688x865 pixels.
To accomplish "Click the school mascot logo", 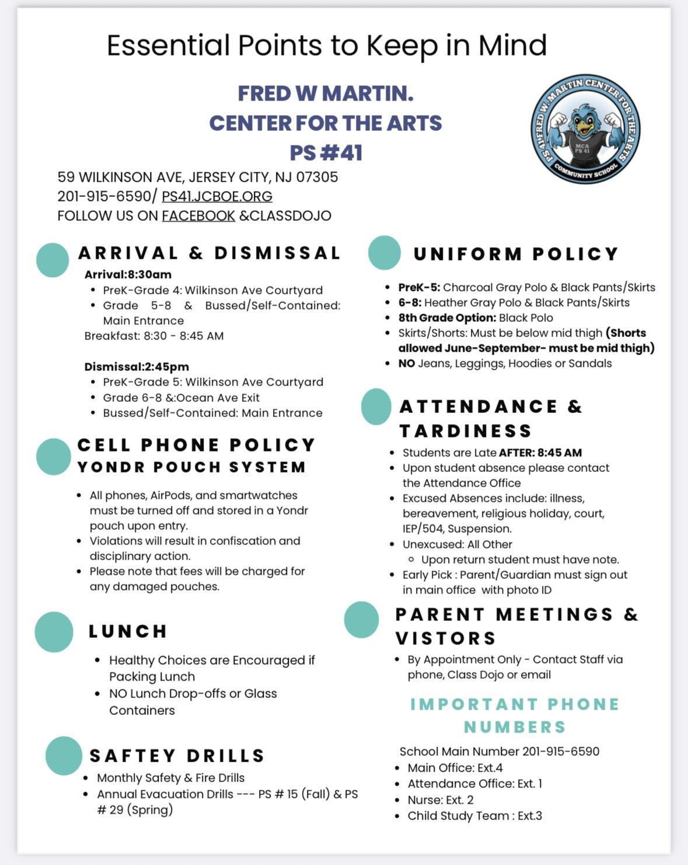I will pyautogui.click(x=585, y=128).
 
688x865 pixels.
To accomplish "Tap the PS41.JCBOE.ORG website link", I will pyautogui.click(x=217, y=196).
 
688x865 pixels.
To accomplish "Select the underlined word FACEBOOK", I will pyautogui.click(x=198, y=216).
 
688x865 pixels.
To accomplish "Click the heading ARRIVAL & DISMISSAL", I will pyautogui.click(x=209, y=253).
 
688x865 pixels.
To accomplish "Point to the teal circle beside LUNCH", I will pyautogui.click(x=54, y=631).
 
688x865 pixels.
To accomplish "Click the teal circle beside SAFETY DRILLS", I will pyautogui.click(x=64, y=756).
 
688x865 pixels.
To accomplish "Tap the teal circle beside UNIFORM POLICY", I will pyautogui.click(x=385, y=253).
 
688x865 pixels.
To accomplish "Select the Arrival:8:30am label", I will pyautogui.click(x=128, y=275).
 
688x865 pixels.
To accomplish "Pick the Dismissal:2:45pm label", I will pyautogui.click(x=137, y=367).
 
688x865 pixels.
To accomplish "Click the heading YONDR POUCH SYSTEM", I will pyautogui.click(x=191, y=467).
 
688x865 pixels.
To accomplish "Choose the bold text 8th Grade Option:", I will pyautogui.click(x=447, y=318).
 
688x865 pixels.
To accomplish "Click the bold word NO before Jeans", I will pyautogui.click(x=406, y=363).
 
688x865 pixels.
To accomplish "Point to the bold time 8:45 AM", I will pyautogui.click(x=560, y=453).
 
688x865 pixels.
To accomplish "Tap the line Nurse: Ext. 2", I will pyautogui.click(x=441, y=800).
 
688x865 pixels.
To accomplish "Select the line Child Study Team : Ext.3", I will pyautogui.click(x=474, y=815).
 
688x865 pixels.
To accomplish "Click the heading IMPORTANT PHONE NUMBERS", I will pyautogui.click(x=515, y=715).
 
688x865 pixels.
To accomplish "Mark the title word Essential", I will pyautogui.click(x=169, y=46).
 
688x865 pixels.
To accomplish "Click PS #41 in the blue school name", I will pyautogui.click(x=326, y=153).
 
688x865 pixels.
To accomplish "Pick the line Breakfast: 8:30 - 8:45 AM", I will pyautogui.click(x=154, y=336).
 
